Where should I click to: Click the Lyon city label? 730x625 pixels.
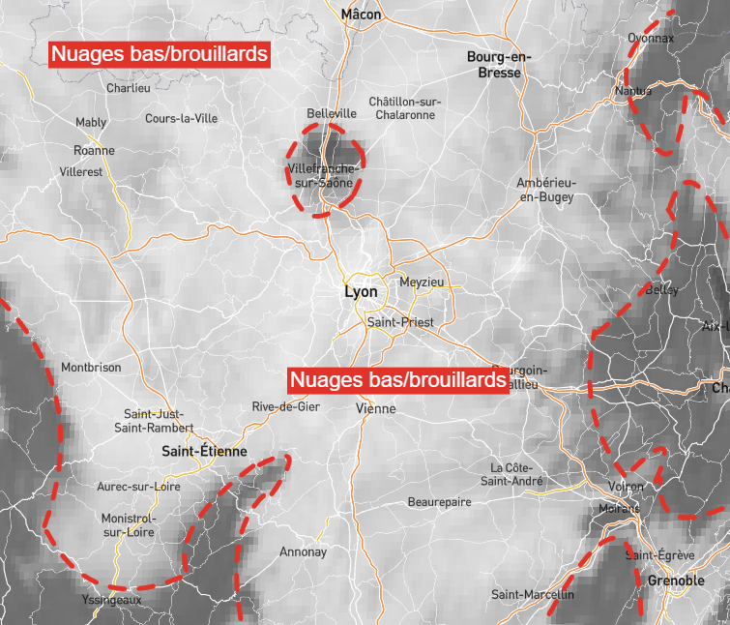[361, 291]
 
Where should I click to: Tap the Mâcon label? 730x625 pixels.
[362, 15]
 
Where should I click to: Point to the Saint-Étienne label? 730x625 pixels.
[204, 452]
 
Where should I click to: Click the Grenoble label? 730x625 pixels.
[676, 580]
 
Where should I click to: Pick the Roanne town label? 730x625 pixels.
[94, 151]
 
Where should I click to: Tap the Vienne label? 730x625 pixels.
[376, 408]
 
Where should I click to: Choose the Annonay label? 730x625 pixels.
[303, 552]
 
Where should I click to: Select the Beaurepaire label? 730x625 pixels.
[439, 502]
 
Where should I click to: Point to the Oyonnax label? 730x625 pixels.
[651, 38]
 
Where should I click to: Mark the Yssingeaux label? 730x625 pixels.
[112, 600]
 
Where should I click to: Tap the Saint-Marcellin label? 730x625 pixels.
[532, 594]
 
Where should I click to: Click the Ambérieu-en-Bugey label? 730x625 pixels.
[546, 190]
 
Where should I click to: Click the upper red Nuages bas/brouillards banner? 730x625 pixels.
[160, 55]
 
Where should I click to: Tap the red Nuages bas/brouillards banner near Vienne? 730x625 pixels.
[398, 380]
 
